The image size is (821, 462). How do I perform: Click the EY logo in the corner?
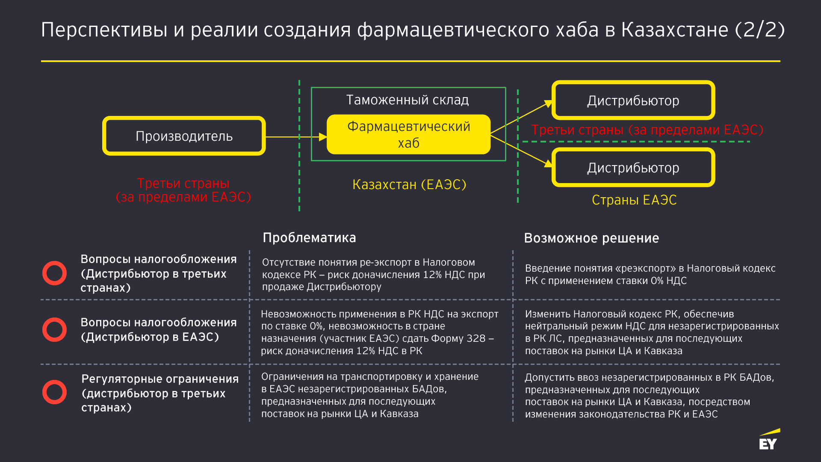769,440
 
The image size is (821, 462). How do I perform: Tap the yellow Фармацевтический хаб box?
408,134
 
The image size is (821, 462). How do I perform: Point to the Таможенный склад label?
408,100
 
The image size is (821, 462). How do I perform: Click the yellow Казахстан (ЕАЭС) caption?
409,184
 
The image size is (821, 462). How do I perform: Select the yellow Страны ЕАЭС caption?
634,200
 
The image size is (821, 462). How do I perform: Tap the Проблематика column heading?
309,237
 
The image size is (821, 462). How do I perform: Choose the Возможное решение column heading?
591,238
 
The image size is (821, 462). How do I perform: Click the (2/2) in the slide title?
760,30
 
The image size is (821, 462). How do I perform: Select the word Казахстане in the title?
675,30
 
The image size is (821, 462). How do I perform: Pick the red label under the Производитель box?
183,190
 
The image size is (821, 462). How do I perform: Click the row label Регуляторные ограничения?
160,379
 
